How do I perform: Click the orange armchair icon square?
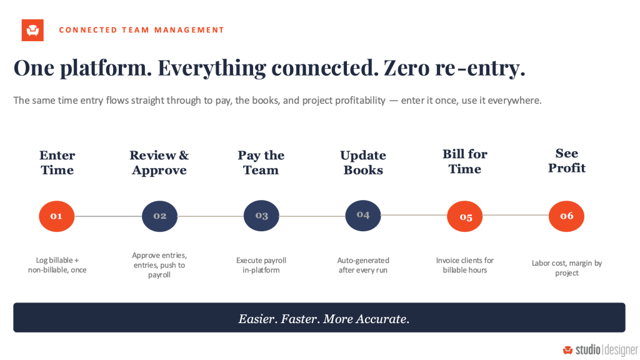click(x=32, y=30)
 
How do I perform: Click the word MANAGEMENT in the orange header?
click(x=189, y=30)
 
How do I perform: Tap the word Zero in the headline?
click(x=406, y=67)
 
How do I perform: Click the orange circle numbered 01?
click(x=57, y=216)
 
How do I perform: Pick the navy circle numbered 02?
click(x=159, y=216)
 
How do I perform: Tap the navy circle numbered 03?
click(x=261, y=216)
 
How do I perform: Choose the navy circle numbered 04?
click(x=363, y=216)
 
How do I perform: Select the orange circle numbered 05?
click(x=465, y=216)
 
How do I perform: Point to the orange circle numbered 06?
click(x=566, y=216)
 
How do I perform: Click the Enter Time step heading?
click(x=57, y=162)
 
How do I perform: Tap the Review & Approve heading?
click(x=159, y=162)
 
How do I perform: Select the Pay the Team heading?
click(x=261, y=162)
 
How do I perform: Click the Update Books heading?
click(x=363, y=162)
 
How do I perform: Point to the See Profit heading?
click(x=567, y=161)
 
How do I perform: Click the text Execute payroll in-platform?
click(x=261, y=265)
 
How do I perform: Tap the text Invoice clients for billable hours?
click(x=465, y=265)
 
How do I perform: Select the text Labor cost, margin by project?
click(x=567, y=268)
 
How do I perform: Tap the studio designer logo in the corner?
click(x=600, y=350)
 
